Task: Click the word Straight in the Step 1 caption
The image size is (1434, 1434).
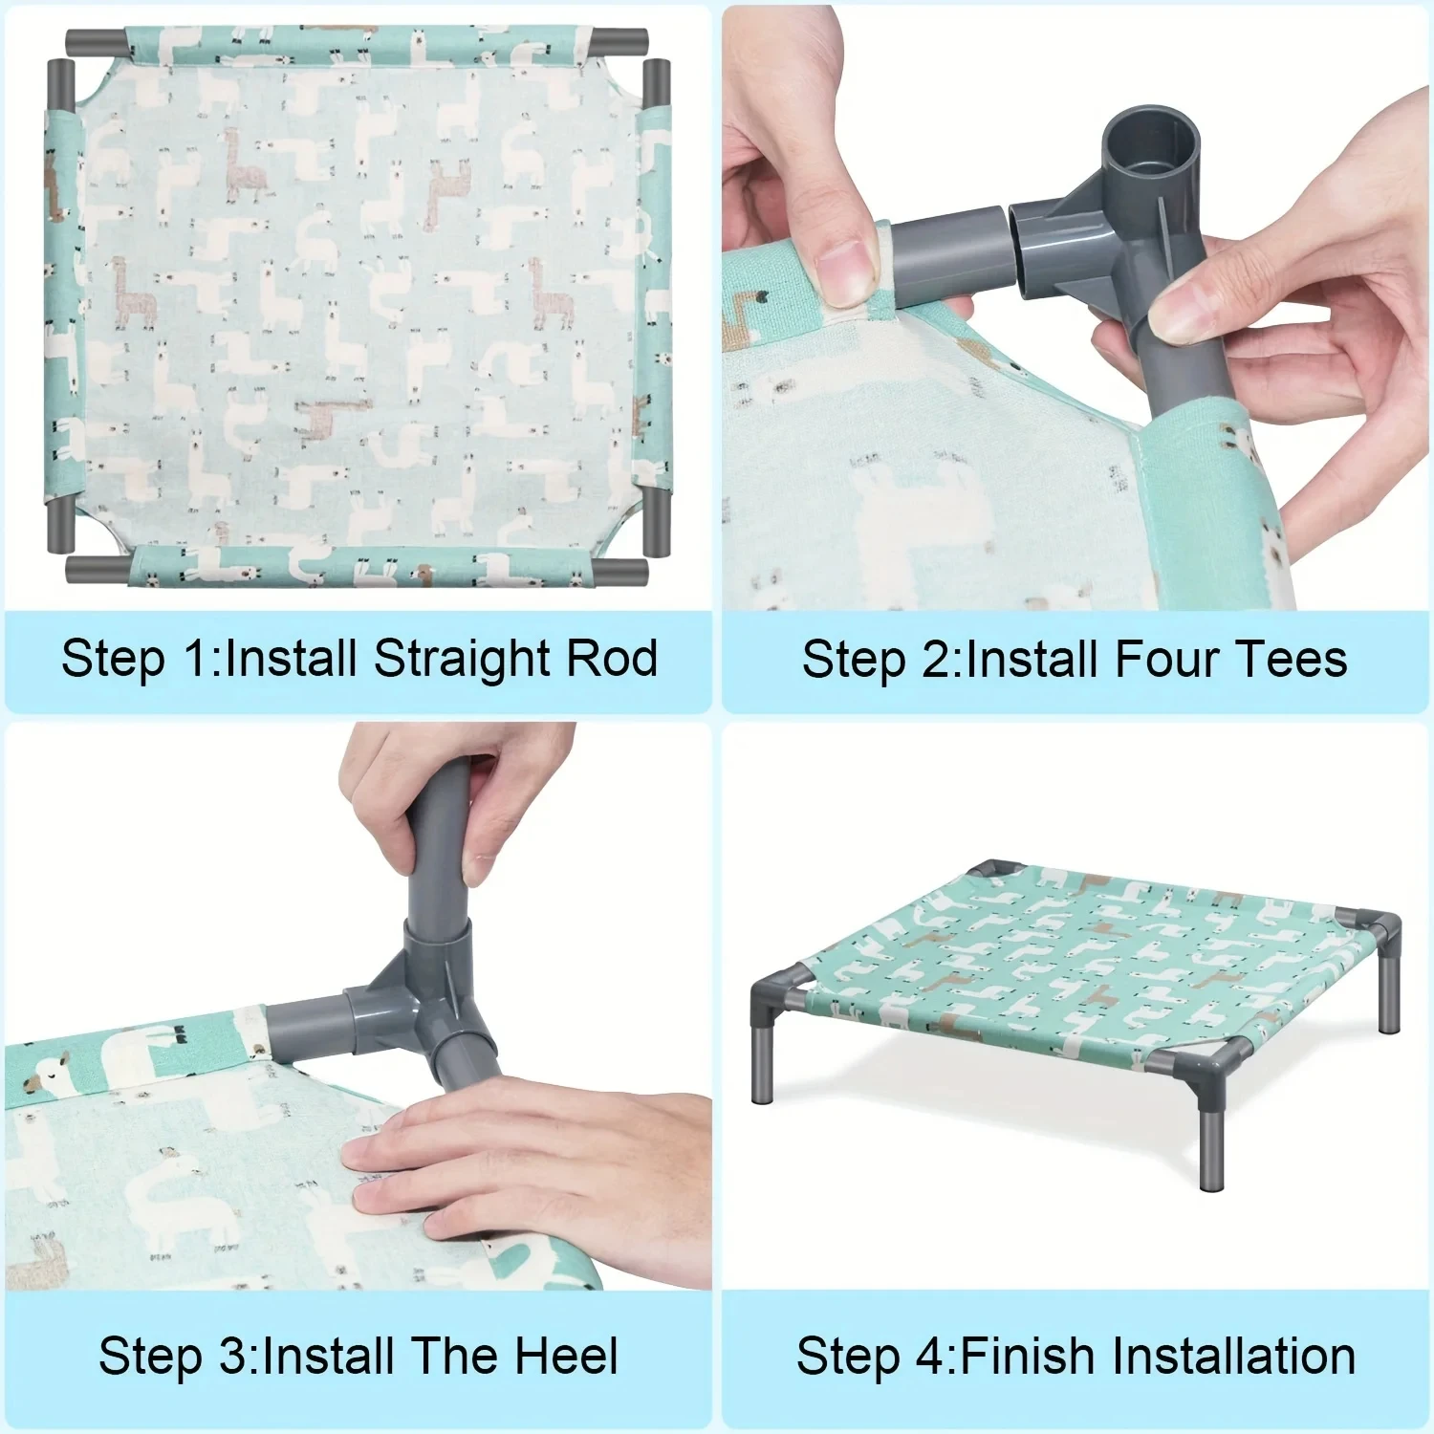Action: (462, 660)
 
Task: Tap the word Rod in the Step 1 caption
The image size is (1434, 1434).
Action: (612, 659)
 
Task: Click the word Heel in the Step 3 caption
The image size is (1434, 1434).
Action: (566, 1357)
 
